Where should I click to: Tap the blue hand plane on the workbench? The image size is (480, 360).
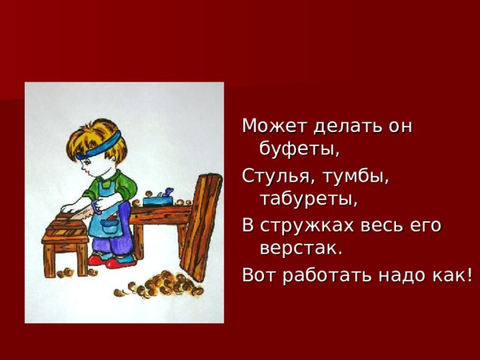click(x=161, y=198)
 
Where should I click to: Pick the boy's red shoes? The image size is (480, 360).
click(x=112, y=261)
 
